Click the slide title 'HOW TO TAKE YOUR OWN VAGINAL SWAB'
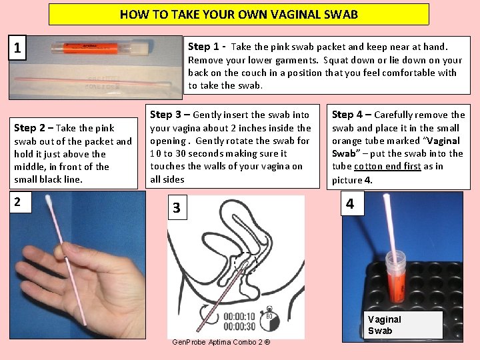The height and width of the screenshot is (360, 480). click(239, 14)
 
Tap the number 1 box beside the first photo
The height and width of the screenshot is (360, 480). click(17, 49)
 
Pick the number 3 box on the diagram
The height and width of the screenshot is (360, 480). click(176, 208)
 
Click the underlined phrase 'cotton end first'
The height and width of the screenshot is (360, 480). click(387, 167)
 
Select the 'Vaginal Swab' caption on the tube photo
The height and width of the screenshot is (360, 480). click(385, 325)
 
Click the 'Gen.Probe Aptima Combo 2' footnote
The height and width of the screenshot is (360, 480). click(221, 342)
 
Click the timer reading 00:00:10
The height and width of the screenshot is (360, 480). click(239, 316)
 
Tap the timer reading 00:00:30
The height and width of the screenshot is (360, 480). click(239, 326)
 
